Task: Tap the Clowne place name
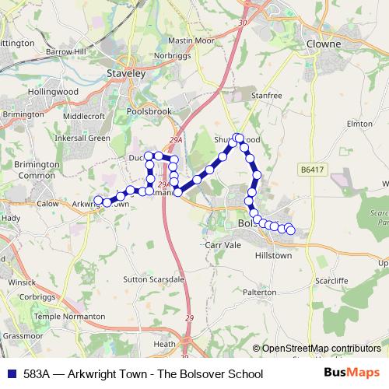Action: pos(324,44)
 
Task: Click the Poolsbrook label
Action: pos(149,111)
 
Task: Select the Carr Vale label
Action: pos(226,244)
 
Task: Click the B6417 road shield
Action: pos(311,168)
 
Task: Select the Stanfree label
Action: pos(266,96)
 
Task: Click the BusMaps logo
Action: pos(352,373)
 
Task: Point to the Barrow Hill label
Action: pos(65,51)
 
